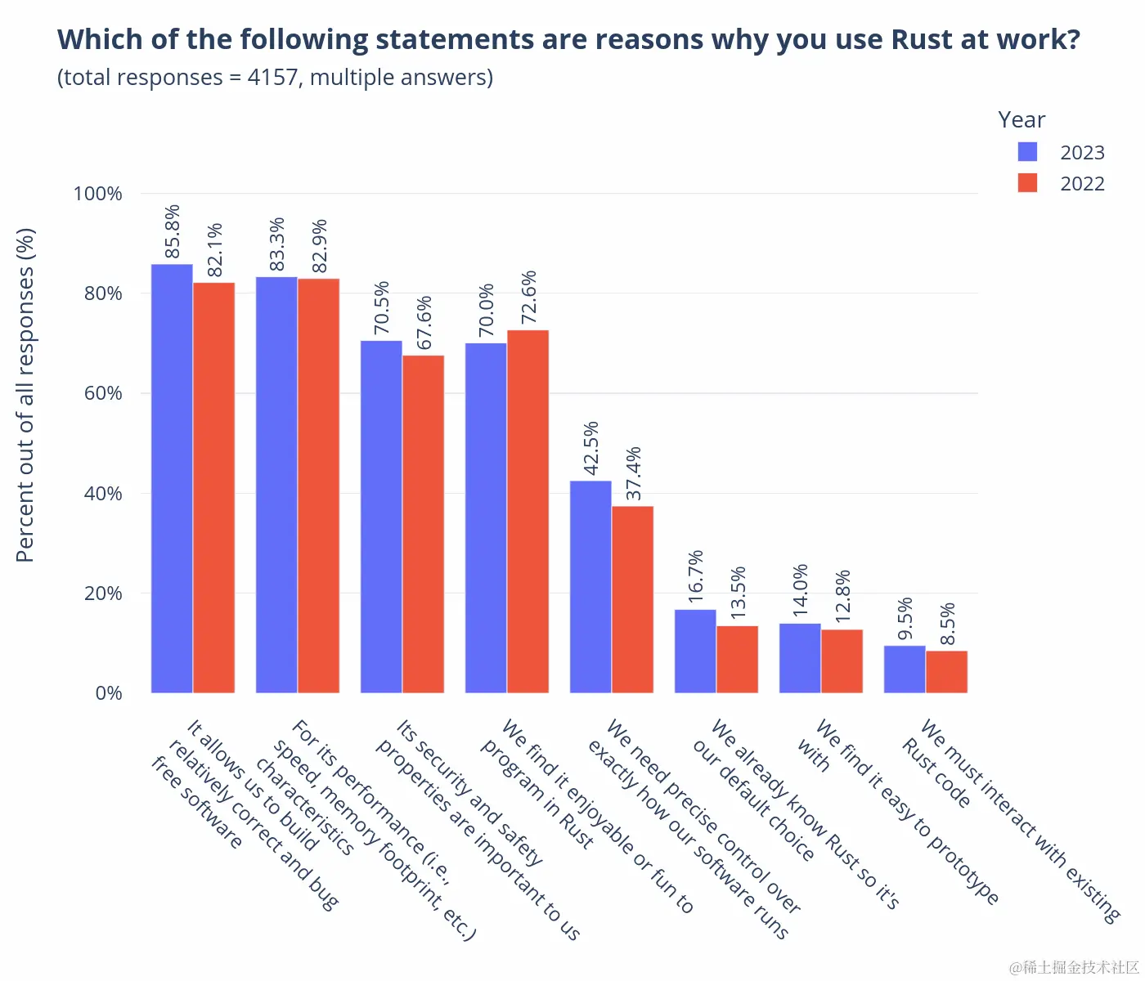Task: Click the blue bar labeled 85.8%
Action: [172, 478]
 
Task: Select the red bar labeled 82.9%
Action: [318, 486]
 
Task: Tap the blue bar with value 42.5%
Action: [590, 587]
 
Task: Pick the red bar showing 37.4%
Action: [632, 599]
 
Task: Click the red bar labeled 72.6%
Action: [528, 512]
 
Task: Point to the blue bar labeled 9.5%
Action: [905, 670]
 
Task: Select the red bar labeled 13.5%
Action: [737, 659]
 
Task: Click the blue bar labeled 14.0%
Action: [800, 658]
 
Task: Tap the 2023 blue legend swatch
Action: [1027, 152]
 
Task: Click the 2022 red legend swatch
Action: [1027, 183]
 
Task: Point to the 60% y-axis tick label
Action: [103, 393]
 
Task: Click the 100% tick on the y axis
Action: [97, 194]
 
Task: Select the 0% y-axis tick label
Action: [109, 693]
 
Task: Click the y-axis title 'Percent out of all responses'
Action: [25, 395]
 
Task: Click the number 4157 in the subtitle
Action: [272, 78]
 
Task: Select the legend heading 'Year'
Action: [1022, 120]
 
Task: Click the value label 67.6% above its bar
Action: [424, 323]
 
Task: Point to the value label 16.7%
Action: [695, 576]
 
